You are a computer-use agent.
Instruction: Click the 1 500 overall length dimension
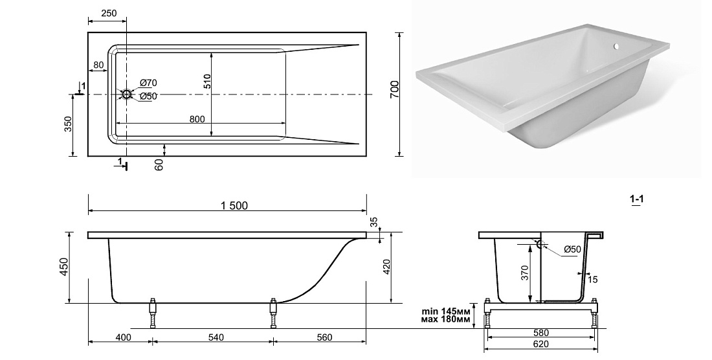tap(234, 206)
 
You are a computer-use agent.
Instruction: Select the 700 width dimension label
tap(394, 89)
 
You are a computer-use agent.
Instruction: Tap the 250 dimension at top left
tap(109, 13)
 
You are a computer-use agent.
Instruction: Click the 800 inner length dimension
tap(197, 119)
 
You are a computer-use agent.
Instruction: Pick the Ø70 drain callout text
tap(148, 83)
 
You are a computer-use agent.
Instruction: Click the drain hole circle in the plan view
tap(126, 95)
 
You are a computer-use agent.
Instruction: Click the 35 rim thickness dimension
tap(373, 222)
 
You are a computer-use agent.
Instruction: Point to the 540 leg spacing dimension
tap(216, 337)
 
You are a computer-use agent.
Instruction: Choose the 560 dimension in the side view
tap(324, 337)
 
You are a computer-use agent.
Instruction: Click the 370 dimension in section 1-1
tap(526, 273)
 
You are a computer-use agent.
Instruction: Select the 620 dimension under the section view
tap(540, 344)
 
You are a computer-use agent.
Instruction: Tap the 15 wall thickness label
tap(592, 280)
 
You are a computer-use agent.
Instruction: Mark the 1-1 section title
tap(637, 198)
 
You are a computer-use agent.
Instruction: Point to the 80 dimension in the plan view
tap(98, 65)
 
